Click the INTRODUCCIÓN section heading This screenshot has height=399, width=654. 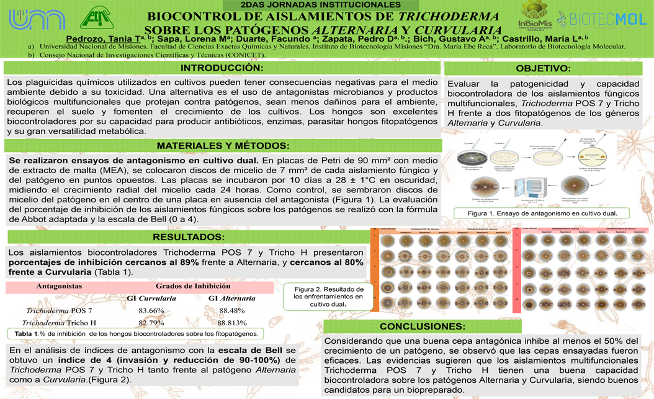222,67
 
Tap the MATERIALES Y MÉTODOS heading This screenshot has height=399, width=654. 223,146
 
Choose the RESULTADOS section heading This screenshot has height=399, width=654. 189,237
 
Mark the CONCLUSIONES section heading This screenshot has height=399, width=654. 422,326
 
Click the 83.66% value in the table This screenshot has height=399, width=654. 151,310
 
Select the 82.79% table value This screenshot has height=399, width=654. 151,323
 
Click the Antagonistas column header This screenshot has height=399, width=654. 59,286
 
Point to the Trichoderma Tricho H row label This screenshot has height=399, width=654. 59,323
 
